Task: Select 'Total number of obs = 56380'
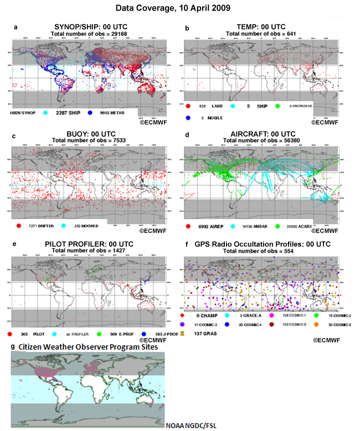262,142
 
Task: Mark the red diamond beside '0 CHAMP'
191,315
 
